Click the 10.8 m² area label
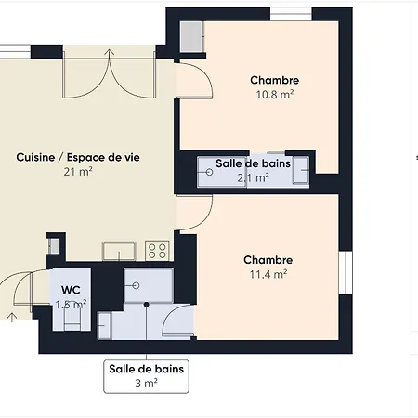tap(275, 95)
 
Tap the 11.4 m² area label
tap(268, 274)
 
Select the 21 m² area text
tap(78, 172)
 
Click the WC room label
tap(71, 290)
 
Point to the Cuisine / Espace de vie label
tap(78, 157)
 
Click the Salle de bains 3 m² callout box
tap(146, 376)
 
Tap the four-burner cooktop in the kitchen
tap(157, 251)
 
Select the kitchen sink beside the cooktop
tap(119, 251)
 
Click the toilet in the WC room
tap(72, 316)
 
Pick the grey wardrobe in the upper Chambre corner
tap(192, 36)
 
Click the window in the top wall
tap(291, 14)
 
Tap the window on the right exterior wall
tap(346, 272)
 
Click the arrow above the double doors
tap(109, 53)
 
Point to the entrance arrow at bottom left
tap(12, 318)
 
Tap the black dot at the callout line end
tap(147, 305)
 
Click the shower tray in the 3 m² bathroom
tap(149, 285)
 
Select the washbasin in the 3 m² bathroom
tap(104, 326)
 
